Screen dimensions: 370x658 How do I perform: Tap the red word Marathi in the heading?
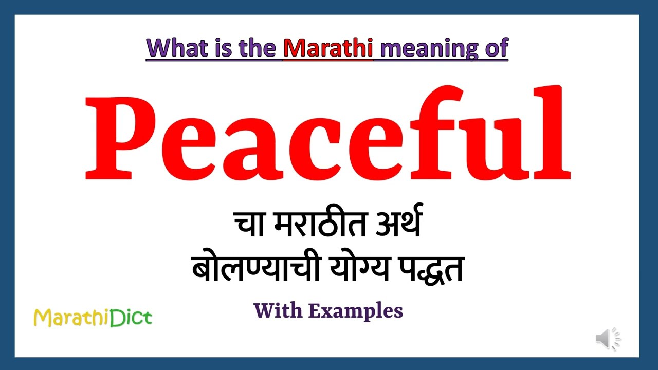click(328, 48)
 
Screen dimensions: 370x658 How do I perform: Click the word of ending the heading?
click(495, 48)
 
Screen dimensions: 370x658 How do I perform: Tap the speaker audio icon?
click(608, 339)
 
